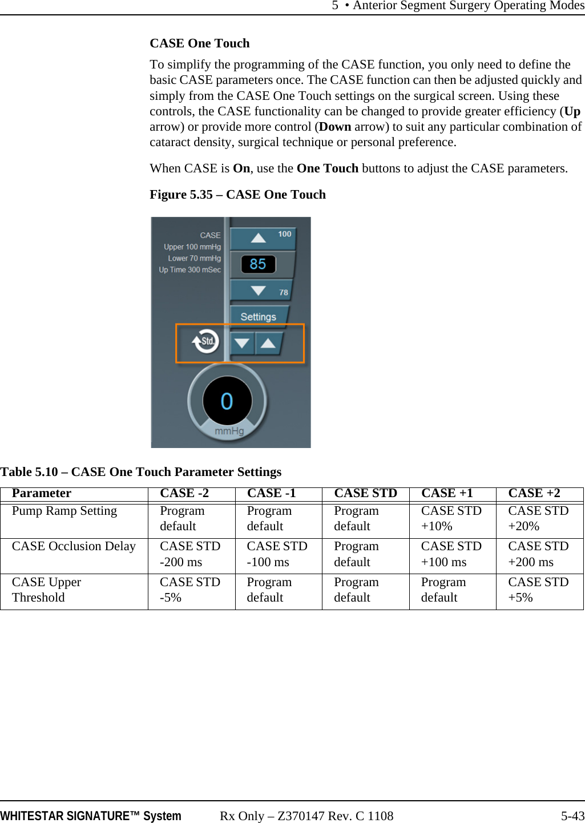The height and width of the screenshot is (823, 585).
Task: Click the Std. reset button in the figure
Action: (205, 342)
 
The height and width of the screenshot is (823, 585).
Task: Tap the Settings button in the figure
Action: (258, 317)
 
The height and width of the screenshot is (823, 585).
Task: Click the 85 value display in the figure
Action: (258, 264)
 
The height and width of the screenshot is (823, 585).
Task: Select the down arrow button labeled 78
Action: (261, 291)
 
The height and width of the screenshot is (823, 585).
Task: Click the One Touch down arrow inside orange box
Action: (242, 343)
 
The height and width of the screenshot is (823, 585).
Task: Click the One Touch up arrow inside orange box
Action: (268, 343)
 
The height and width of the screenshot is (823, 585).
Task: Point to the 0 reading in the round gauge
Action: (227, 401)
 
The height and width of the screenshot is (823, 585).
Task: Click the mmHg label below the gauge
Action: (229, 431)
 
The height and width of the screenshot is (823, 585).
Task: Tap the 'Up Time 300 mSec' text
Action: (189, 270)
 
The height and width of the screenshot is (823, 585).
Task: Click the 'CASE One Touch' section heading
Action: (200, 43)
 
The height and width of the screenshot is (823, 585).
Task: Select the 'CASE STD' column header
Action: (365, 493)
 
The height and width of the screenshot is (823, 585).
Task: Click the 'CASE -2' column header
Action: (184, 493)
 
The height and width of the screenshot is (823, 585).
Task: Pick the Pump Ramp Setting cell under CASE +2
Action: (538, 518)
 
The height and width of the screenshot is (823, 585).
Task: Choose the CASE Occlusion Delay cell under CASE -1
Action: (277, 554)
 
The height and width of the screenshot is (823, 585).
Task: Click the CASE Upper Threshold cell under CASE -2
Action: (190, 590)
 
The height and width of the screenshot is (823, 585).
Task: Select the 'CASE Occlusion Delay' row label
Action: (74, 547)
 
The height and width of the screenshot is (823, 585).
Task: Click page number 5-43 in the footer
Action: (572, 816)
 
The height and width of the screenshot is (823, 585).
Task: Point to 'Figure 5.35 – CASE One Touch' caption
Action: (237, 195)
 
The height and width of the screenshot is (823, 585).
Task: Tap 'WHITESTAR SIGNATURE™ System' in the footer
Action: (91, 816)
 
